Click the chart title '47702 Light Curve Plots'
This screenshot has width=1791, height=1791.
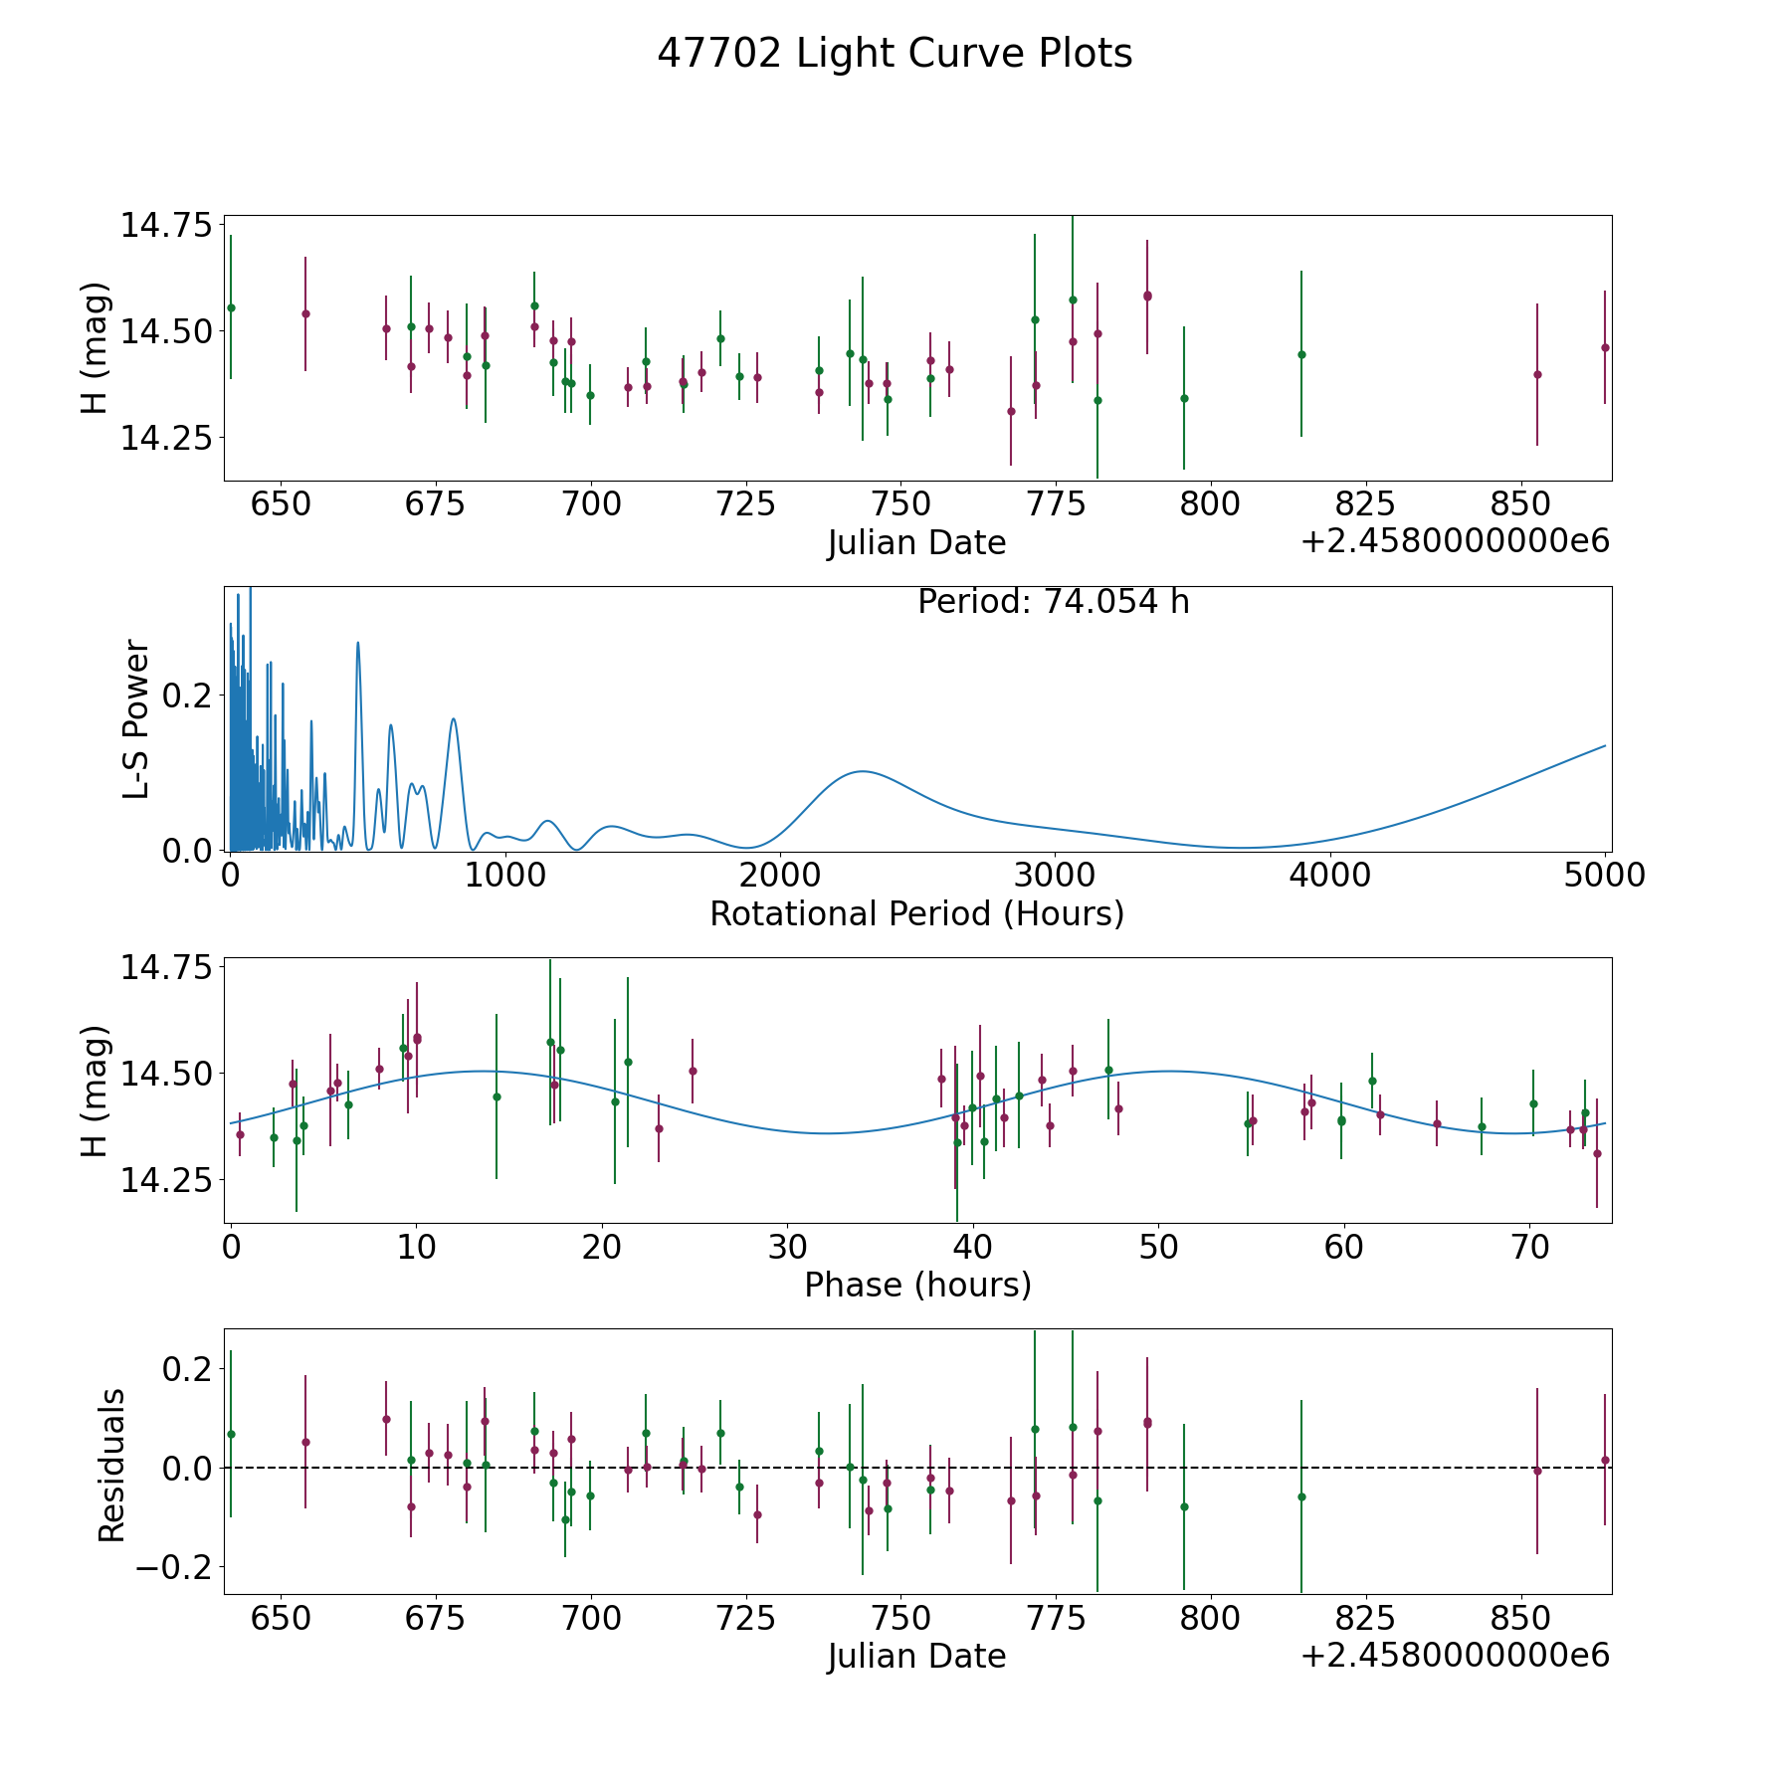(895, 54)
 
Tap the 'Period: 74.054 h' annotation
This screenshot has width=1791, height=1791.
(1053, 602)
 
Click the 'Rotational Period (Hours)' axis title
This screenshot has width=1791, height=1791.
(916, 913)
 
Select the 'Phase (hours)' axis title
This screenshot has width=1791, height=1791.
(916, 1285)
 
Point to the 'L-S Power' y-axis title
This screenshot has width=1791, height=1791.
(137, 719)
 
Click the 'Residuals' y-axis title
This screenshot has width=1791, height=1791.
(111, 1466)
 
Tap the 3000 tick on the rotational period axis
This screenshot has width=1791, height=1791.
(1054, 876)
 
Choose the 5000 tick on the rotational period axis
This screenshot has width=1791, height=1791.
(1604, 876)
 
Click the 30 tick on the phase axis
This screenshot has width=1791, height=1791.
(786, 1247)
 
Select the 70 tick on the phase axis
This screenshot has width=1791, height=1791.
(1529, 1247)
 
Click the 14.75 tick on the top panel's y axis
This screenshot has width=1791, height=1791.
(166, 225)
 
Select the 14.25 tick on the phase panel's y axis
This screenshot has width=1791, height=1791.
(166, 1180)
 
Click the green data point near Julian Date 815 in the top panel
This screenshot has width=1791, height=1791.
(1300, 354)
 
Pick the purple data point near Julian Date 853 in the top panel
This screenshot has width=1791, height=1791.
(1536, 374)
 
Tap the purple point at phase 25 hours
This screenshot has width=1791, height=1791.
(693, 1071)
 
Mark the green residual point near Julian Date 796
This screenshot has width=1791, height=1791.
(1184, 1506)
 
